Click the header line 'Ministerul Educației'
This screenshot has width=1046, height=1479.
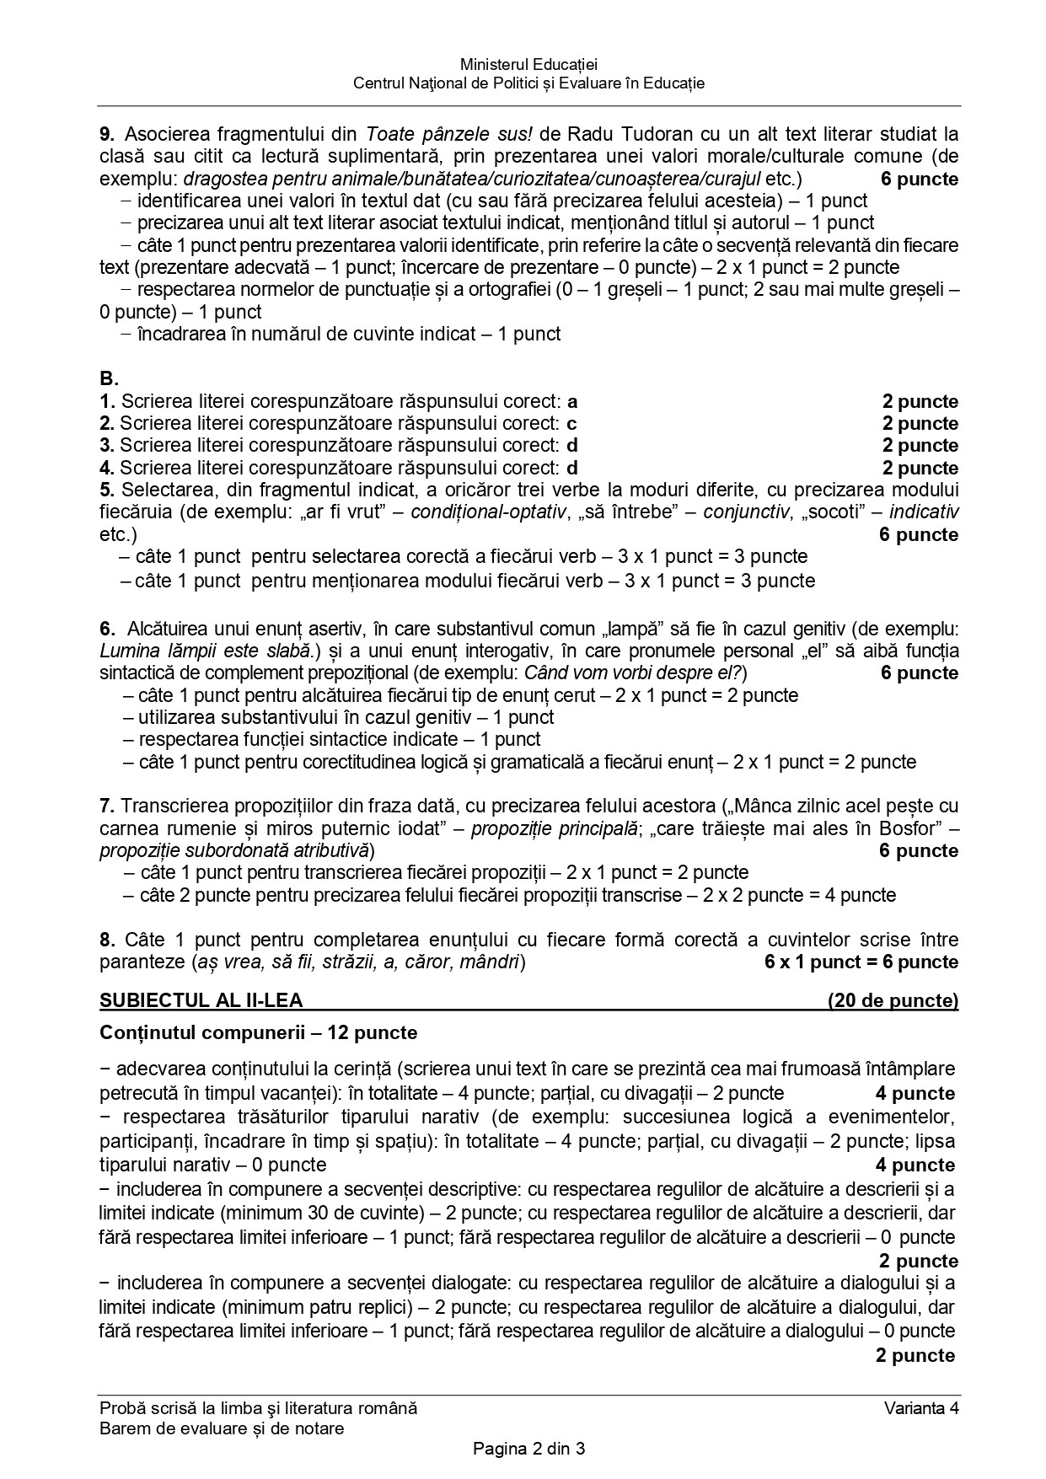click(x=528, y=64)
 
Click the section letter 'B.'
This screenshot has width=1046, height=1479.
click(x=110, y=378)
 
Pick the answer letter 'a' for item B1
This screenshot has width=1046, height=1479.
click(x=572, y=401)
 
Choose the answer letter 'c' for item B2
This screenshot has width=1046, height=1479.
click(x=572, y=423)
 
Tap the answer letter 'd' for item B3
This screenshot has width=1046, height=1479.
click(x=572, y=445)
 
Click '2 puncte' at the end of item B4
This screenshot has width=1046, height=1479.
click(x=920, y=468)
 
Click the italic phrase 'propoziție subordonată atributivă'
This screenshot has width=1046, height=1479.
click(x=236, y=849)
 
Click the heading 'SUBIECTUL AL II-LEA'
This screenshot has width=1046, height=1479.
click(x=201, y=1000)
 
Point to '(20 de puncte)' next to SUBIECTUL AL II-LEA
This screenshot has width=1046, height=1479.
click(x=893, y=1000)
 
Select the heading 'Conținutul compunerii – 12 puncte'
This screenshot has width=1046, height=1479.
click(x=258, y=1032)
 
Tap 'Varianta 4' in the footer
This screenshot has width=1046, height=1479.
click(x=921, y=1407)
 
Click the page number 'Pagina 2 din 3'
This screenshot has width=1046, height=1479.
click(x=528, y=1450)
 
